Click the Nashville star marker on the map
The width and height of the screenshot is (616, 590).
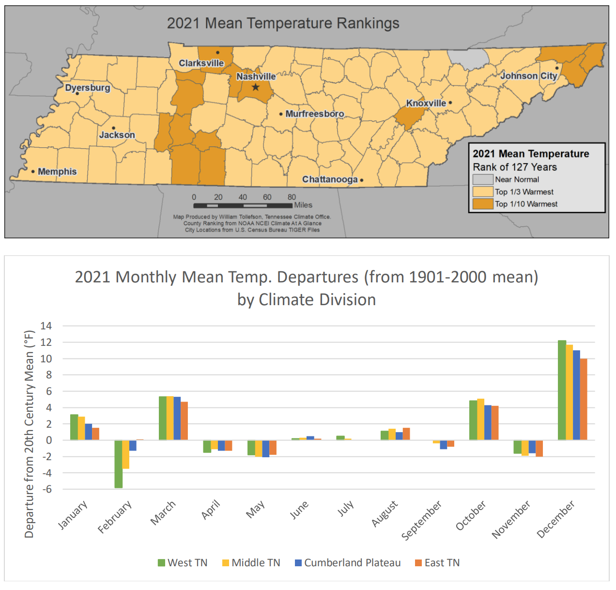255,87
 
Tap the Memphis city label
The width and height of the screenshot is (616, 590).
57,171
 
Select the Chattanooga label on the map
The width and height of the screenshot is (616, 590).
330,179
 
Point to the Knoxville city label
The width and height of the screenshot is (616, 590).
426,103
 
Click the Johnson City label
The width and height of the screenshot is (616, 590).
528,76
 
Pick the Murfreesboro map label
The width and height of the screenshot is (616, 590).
314,114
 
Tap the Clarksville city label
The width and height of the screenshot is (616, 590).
201,63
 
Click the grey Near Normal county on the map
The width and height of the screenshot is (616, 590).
468,59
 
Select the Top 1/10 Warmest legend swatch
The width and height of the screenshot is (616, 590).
482,204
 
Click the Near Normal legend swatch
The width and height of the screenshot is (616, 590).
482,179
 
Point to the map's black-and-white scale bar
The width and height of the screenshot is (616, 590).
242,206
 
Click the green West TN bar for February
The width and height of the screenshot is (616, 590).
118,464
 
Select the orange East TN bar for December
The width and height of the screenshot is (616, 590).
584,399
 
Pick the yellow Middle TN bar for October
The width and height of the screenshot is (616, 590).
480,419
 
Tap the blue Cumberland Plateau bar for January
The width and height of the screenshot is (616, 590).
89,432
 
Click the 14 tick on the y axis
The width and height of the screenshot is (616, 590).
46,326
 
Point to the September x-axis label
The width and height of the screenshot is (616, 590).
421,521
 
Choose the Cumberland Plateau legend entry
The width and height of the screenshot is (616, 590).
348,563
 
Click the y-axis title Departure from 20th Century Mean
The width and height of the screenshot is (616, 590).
30,434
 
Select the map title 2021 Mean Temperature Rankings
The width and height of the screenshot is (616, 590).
283,23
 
